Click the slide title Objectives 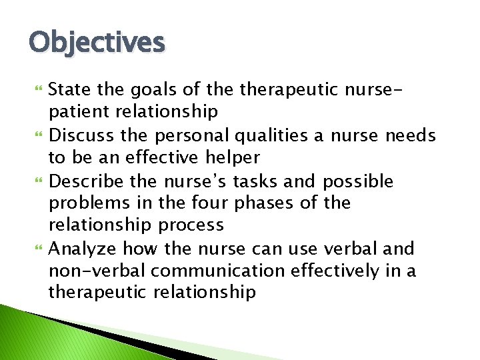[x=97, y=43]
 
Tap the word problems [x=87, y=203]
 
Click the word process [x=194, y=225]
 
